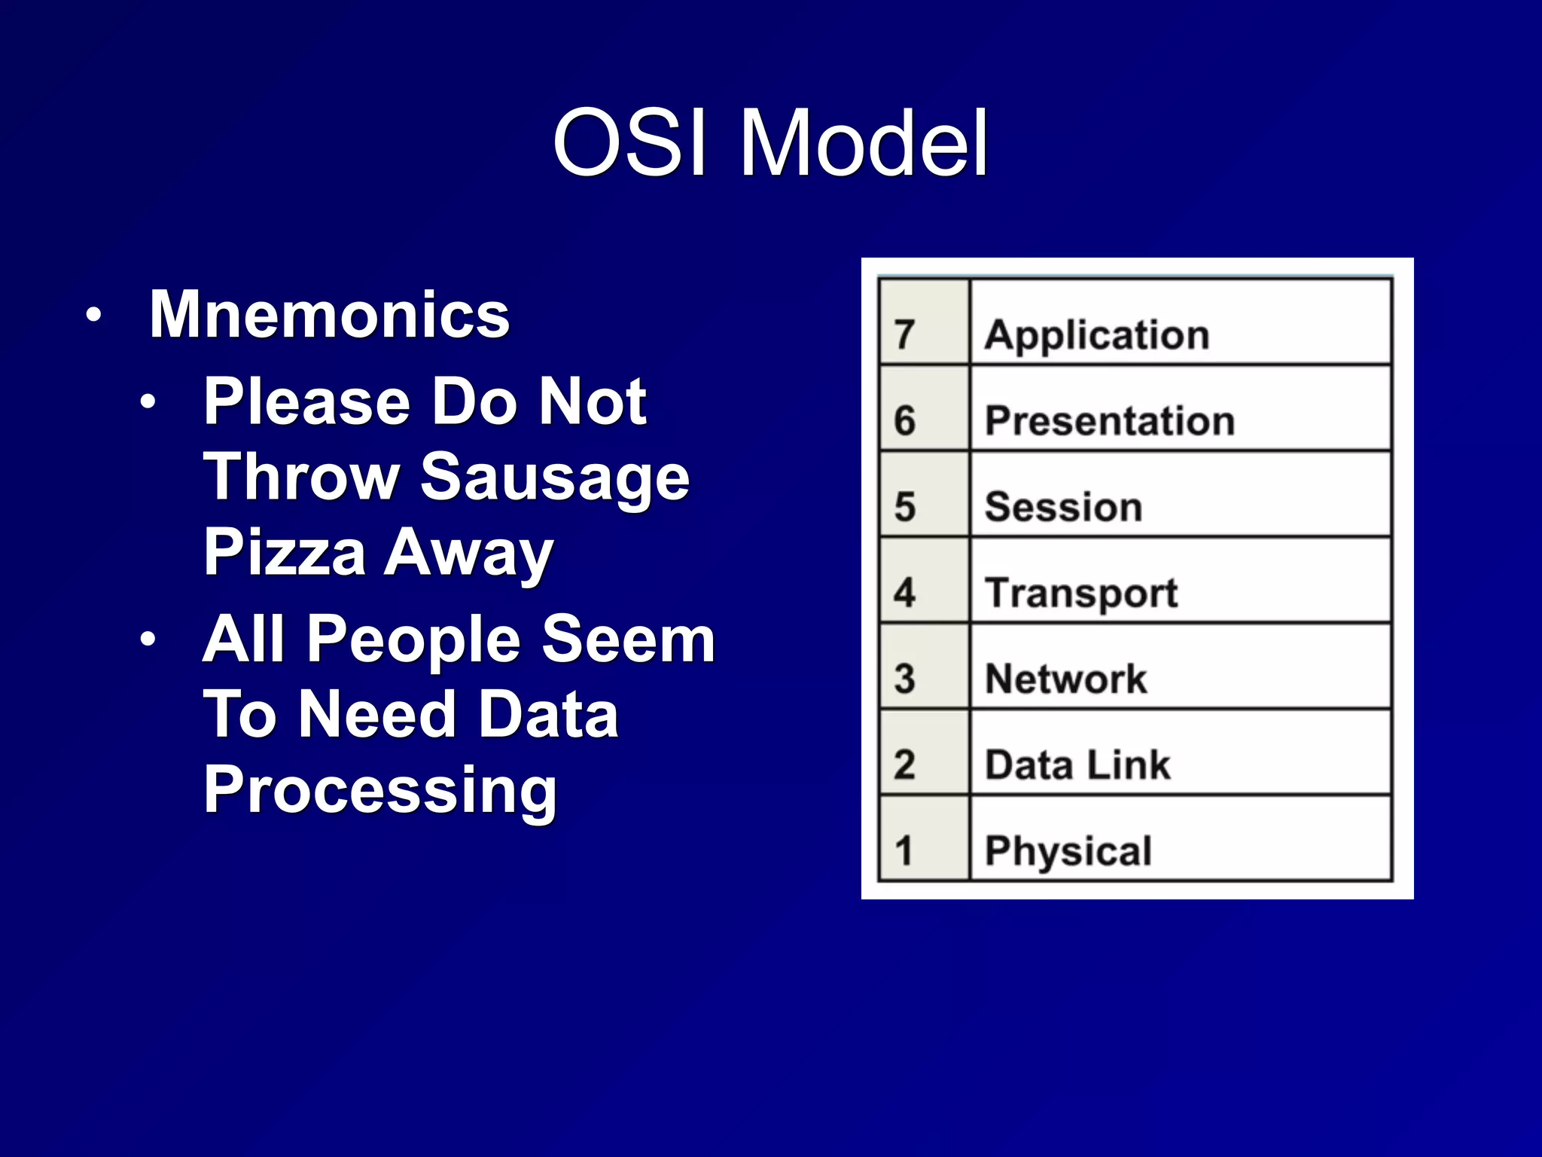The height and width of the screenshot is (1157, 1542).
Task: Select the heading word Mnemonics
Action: tap(329, 315)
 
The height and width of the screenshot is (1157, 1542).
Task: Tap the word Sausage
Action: tap(555, 478)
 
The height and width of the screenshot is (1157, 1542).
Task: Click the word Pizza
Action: tap(285, 552)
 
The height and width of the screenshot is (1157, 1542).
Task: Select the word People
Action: tap(413, 639)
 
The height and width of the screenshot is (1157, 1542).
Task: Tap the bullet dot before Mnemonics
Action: tap(93, 316)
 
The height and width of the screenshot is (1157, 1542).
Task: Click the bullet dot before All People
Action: tap(148, 640)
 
